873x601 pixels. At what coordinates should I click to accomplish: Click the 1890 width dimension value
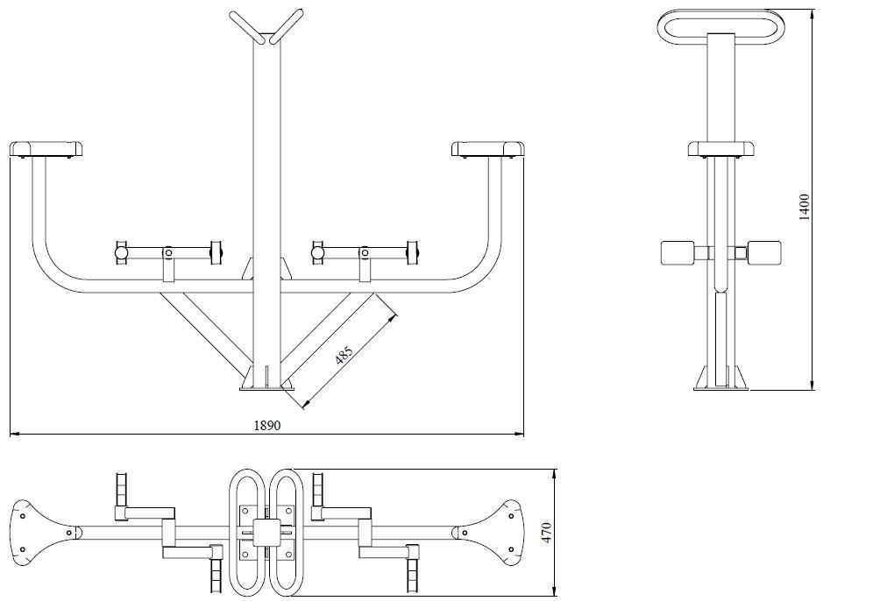point(266,426)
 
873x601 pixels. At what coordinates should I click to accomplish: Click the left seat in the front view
point(47,149)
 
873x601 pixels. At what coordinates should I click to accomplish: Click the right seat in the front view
point(488,149)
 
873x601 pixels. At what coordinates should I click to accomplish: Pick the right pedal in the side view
point(766,253)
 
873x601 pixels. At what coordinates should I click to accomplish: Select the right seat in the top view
point(498,530)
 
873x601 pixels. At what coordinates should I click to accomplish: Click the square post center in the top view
point(266,530)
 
